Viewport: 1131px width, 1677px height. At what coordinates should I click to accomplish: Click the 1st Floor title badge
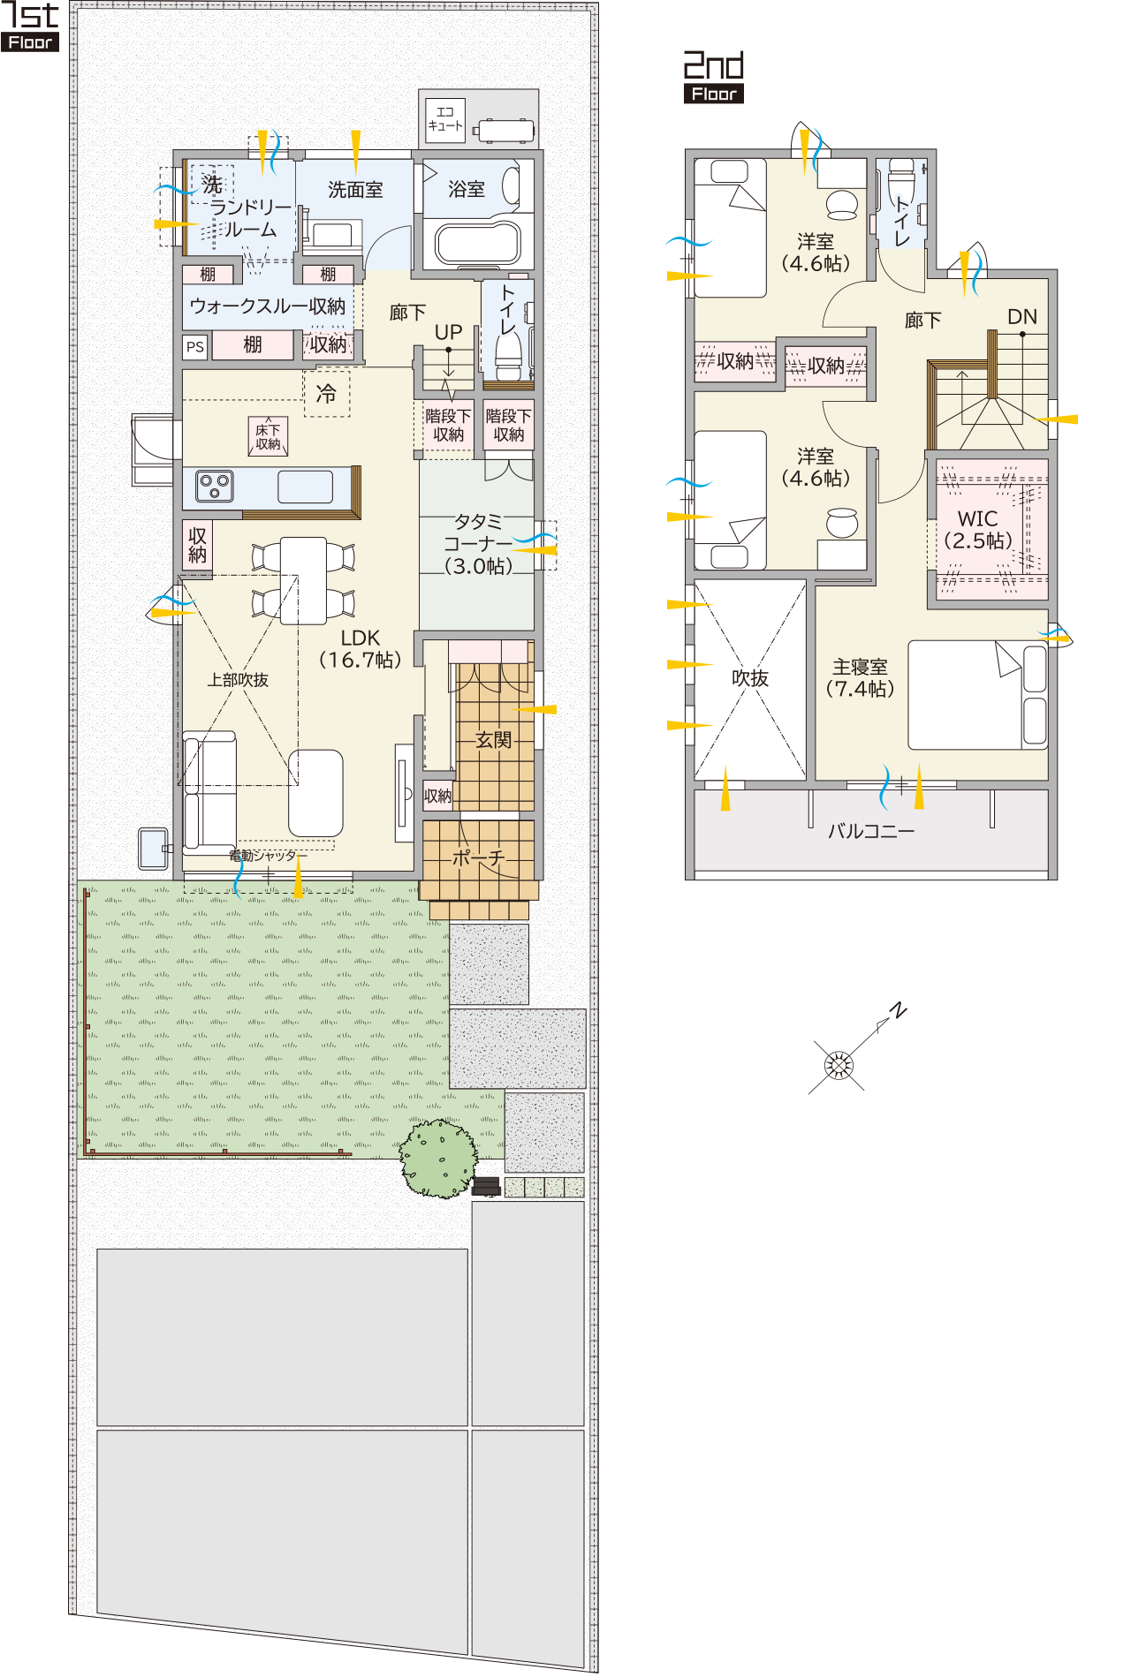pos(30,26)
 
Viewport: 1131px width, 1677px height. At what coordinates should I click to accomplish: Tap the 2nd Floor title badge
pos(714,78)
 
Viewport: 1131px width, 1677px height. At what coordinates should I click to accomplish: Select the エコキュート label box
pos(444,119)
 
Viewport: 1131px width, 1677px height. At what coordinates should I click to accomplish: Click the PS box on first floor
pos(195,347)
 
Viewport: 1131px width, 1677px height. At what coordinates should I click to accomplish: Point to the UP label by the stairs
pos(448,332)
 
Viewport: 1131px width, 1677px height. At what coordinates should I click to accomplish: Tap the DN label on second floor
pos(1022,316)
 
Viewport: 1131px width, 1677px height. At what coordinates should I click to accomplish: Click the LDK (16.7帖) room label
pos(361,649)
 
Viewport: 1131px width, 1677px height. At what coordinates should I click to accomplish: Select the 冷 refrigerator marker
pos(327,393)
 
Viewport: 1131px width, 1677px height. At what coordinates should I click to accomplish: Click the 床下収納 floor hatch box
pos(268,436)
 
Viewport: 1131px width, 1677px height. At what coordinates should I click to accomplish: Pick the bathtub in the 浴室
pos(478,244)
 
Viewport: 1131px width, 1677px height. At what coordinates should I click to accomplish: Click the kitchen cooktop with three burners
pos(215,487)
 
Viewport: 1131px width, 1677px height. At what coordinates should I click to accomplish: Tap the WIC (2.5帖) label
pos(978,530)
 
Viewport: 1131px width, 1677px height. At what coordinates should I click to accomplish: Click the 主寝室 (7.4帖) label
pos(860,677)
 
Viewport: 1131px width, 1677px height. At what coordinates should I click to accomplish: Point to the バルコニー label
pos(871,831)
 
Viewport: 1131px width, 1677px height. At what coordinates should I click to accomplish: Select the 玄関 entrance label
pos(493,740)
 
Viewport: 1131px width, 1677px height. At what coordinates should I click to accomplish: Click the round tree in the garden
pos(438,1158)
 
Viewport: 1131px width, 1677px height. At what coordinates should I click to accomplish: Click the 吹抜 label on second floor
pos(750,678)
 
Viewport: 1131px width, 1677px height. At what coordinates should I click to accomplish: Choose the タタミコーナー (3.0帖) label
pos(478,544)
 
